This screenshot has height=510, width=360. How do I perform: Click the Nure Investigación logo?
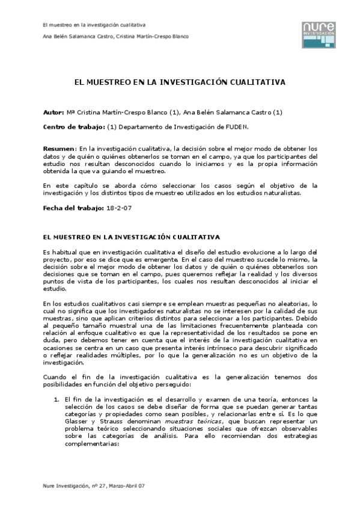coord(319,34)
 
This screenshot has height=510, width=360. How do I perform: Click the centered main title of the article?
coord(180,81)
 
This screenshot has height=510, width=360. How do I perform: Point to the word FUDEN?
coord(234,127)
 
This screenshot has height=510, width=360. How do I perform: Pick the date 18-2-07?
coord(120,207)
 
